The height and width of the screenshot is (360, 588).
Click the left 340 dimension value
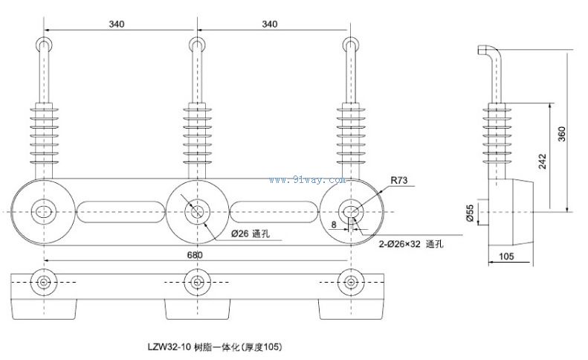(x=117, y=24)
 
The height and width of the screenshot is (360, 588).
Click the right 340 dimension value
(x=271, y=24)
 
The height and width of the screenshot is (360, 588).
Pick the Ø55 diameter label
(x=471, y=213)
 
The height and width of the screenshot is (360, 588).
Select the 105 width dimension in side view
(x=506, y=257)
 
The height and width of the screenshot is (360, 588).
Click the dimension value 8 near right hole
(x=335, y=223)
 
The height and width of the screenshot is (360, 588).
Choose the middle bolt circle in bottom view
(x=197, y=282)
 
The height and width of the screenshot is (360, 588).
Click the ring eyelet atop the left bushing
(x=45, y=44)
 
